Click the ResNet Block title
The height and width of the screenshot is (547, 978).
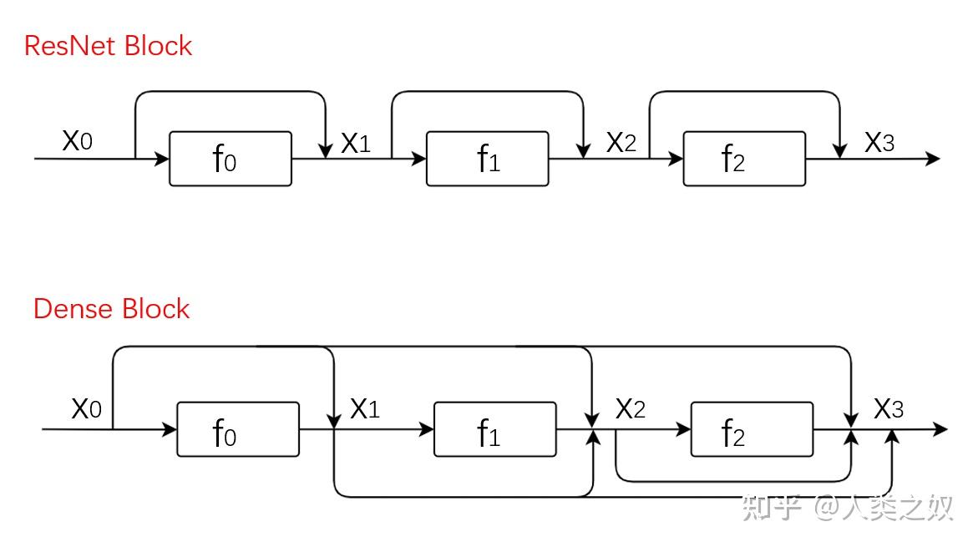pos(108,46)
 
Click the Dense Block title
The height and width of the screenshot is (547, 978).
pos(111,309)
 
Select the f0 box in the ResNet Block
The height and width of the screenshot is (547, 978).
pos(231,159)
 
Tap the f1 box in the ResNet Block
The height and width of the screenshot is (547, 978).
pos(487,159)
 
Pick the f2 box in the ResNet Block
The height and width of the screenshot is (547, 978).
pos(744,159)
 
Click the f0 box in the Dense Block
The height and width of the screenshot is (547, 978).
pos(238,429)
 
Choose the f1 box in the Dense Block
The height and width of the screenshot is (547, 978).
pos(495,429)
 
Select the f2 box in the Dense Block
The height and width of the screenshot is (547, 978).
pos(753,429)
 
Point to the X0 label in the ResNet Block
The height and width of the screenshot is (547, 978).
pos(78,140)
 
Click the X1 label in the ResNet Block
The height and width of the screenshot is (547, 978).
pos(356,143)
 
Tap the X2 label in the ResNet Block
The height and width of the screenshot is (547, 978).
pos(621,142)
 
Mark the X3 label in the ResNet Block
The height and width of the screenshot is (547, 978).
pos(879,142)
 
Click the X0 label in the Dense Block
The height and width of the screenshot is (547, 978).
pos(86,409)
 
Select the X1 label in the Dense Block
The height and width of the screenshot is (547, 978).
pos(365,409)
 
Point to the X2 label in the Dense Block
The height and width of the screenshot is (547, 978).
pos(630,409)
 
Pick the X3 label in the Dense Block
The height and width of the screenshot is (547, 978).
pos(888,409)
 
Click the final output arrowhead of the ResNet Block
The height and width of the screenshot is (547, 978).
pos(932,159)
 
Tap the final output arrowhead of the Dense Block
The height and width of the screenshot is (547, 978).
pos(940,429)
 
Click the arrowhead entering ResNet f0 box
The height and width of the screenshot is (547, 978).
pos(161,159)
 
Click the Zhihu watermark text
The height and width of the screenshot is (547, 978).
pos(847,507)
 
